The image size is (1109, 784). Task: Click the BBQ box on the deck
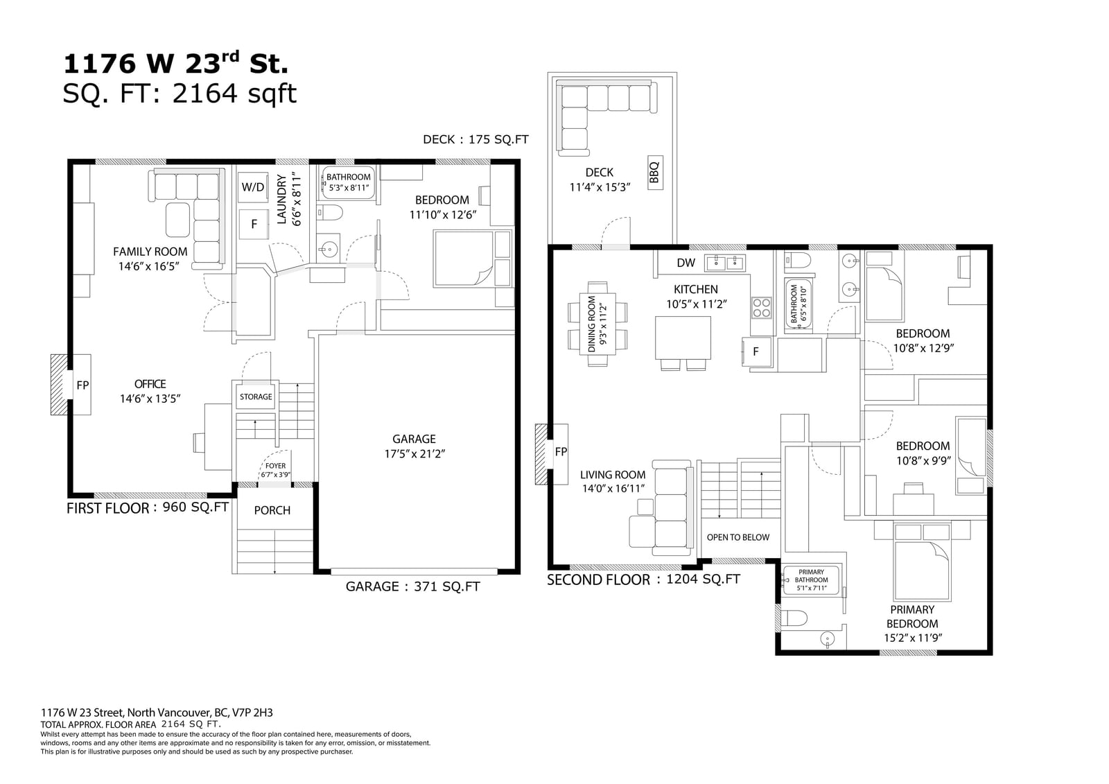(x=655, y=173)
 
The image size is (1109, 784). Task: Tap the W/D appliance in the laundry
(x=253, y=187)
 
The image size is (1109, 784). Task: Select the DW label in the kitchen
(x=686, y=263)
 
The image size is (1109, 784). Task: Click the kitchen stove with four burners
(x=762, y=307)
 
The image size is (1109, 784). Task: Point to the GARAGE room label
(x=414, y=439)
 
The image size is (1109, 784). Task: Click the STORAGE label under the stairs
(x=256, y=397)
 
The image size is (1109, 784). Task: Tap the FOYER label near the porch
(x=275, y=466)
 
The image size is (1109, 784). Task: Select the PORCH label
(x=272, y=511)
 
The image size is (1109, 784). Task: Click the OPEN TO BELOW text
(x=737, y=537)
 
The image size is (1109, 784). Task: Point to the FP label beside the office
(x=82, y=385)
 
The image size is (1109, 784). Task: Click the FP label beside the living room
(x=561, y=452)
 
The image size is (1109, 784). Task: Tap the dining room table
(x=597, y=324)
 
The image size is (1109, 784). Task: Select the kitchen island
(x=683, y=338)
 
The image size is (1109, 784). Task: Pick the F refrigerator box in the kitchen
(x=756, y=351)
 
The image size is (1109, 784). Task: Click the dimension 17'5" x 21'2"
(x=415, y=453)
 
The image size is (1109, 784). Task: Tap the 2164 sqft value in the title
(x=234, y=94)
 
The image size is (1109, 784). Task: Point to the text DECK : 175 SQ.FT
(x=475, y=139)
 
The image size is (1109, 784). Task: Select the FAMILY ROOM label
(x=150, y=252)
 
